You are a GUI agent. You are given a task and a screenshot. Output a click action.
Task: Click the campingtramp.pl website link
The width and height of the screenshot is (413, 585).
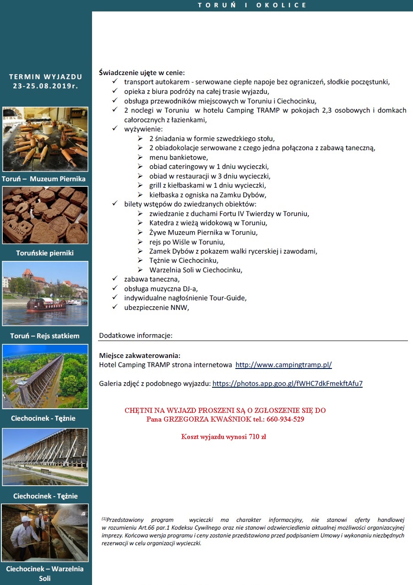point(283,365)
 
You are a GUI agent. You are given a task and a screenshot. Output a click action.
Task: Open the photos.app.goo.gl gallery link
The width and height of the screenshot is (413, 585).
point(288,384)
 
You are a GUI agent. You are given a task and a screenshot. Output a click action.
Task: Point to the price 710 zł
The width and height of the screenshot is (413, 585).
point(257,437)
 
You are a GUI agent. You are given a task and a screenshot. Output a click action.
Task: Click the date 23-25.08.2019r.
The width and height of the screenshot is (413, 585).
point(45,86)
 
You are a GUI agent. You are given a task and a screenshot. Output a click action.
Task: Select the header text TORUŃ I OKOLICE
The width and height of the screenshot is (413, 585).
point(252,5)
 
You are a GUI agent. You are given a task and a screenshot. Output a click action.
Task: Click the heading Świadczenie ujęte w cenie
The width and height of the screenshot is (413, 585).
point(142,72)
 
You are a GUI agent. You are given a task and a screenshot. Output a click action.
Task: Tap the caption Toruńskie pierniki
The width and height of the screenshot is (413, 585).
point(45,253)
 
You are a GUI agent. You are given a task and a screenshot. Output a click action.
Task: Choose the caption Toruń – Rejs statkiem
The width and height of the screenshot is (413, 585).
point(45,336)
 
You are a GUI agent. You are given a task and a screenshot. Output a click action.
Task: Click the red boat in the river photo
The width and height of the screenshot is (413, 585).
point(46,305)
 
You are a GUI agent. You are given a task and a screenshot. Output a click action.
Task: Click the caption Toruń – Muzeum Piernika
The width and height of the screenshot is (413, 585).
point(44,179)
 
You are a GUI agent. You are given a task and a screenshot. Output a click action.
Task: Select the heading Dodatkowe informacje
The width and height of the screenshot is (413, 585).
point(136,336)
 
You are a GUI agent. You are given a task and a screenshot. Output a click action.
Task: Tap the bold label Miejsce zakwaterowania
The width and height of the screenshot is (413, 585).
point(140,356)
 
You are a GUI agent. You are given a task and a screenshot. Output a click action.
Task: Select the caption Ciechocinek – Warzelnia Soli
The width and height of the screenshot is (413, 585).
point(45,573)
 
